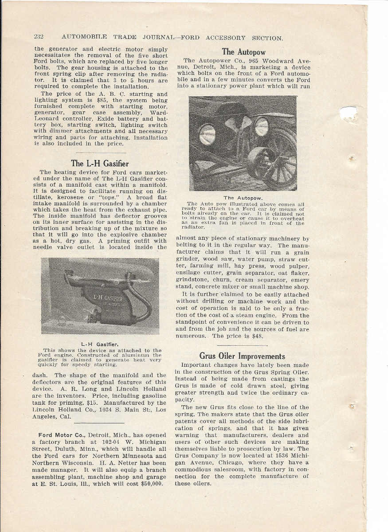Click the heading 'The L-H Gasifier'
click(100, 163)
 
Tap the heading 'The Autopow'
click(243, 51)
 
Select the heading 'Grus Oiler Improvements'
click(242, 356)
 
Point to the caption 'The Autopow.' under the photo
click(243, 198)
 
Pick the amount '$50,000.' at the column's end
click(149, 484)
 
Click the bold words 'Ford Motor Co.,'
click(60, 434)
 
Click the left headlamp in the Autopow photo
click(207, 134)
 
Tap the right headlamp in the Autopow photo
click(261, 126)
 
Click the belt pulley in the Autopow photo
click(263, 166)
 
